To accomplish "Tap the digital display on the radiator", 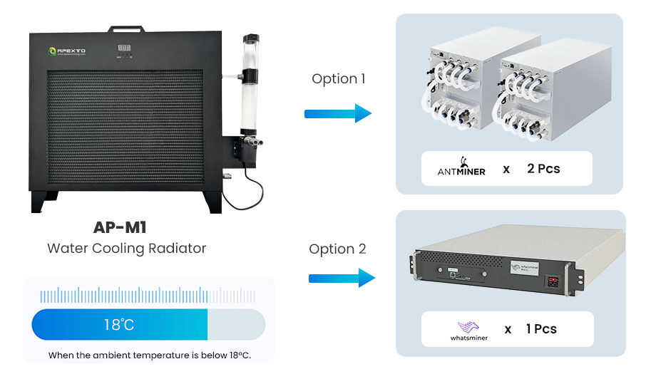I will pyautogui.click(x=124, y=48).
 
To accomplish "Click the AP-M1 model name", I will pyautogui.click(x=126, y=227).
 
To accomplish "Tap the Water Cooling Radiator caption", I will pyautogui.click(x=126, y=249).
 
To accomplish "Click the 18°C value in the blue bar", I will pyautogui.click(x=119, y=325).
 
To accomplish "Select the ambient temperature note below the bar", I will pyautogui.click(x=150, y=355).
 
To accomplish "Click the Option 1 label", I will pyautogui.click(x=338, y=79).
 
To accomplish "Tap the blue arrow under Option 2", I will pyautogui.click(x=342, y=278).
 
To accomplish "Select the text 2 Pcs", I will pyautogui.click(x=543, y=169).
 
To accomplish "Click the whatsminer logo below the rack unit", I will pyautogui.click(x=468, y=329).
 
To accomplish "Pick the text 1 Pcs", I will pyautogui.click(x=541, y=329).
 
